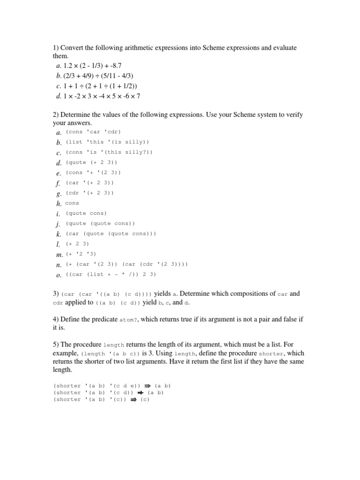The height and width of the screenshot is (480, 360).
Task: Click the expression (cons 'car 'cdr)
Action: point(93,132)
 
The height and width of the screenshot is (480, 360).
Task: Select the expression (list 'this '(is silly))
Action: point(107,142)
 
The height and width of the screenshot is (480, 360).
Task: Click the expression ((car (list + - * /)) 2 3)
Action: point(111,274)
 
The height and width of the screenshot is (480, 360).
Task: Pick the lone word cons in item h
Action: point(72,203)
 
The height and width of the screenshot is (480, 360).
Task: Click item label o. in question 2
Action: point(59,275)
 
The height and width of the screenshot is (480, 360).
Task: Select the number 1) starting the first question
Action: point(55,48)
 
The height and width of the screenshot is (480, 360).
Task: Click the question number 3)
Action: point(55,294)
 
